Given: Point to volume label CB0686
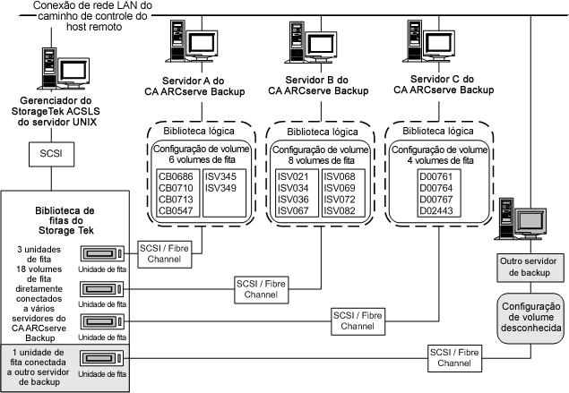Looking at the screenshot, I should [175, 178].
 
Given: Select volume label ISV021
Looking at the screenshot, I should [293, 178].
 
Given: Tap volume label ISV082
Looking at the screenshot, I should [339, 210].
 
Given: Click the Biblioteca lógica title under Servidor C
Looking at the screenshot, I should [427, 130].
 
